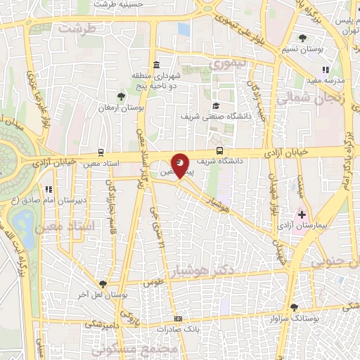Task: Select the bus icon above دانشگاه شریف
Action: (220, 150)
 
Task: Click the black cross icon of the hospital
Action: (302, 213)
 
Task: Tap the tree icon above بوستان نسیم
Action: (302, 38)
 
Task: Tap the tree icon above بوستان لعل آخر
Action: (103, 284)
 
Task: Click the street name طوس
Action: (148, 283)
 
